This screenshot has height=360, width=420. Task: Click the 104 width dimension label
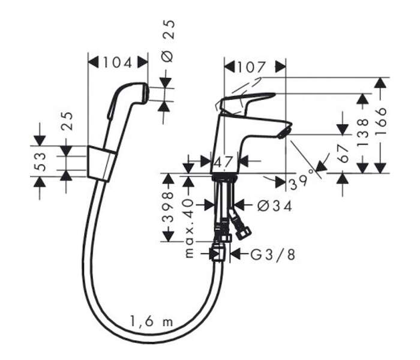[118, 63]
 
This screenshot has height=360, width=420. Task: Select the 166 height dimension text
[382, 118]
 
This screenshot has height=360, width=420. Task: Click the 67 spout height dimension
[344, 154]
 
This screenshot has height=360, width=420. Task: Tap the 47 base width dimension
[224, 161]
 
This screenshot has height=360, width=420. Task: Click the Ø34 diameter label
[274, 206]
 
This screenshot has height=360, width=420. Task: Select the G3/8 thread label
[273, 254]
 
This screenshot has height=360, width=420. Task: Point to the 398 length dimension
[168, 208]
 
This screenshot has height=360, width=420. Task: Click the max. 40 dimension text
[189, 227]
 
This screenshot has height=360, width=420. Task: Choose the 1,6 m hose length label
[151, 321]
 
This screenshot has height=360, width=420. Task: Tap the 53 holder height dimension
[40, 161]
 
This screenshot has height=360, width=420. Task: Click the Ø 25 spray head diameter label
[169, 41]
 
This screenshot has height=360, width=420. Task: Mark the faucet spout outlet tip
[285, 132]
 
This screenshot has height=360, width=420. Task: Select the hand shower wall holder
[101, 163]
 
